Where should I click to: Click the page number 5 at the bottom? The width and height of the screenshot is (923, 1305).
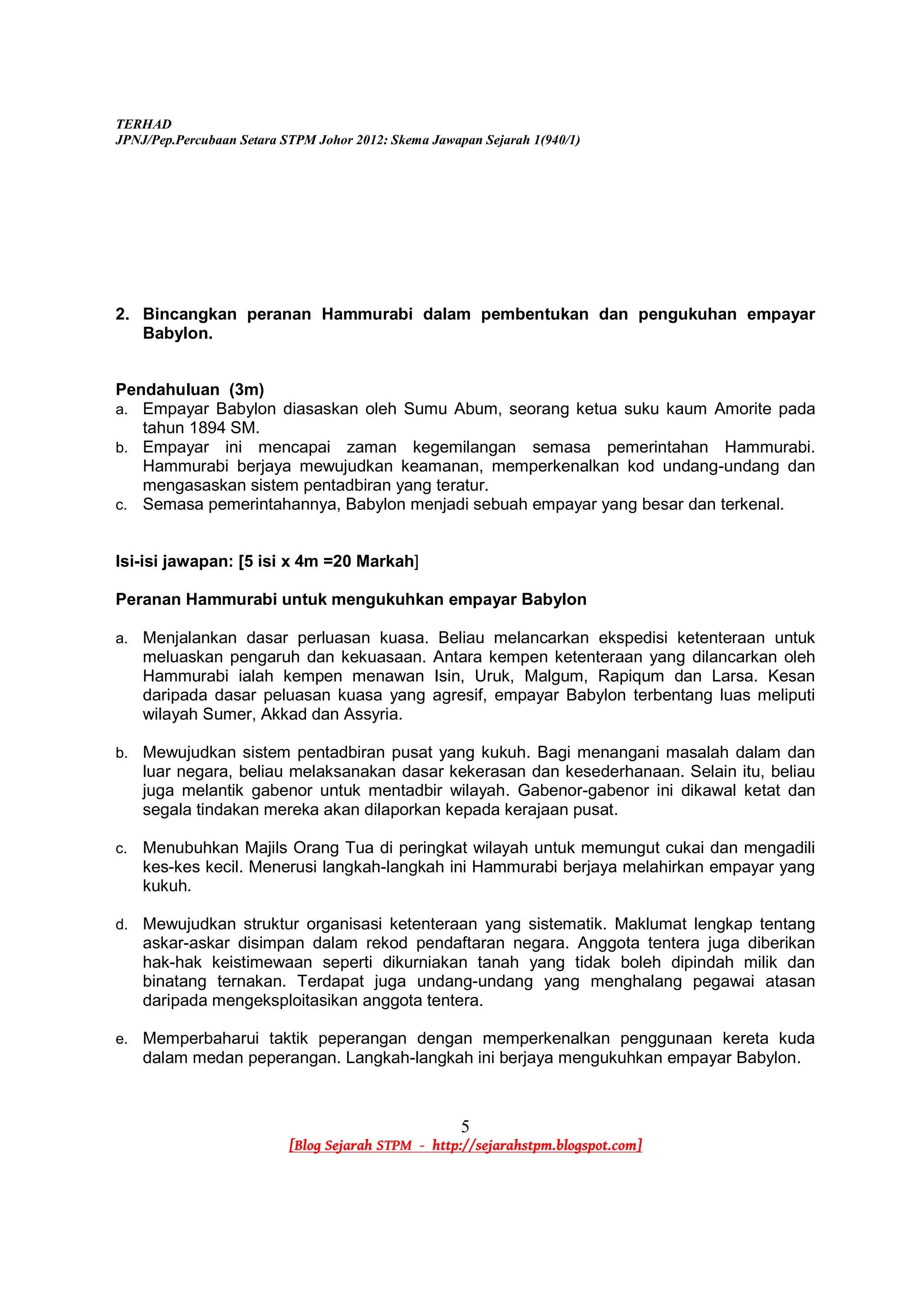[x=465, y=1125]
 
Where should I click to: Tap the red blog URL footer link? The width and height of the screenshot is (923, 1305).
[x=465, y=1145]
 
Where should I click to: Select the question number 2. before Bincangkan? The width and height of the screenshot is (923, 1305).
[x=122, y=314]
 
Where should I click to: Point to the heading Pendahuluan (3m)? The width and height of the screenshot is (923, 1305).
[x=190, y=390]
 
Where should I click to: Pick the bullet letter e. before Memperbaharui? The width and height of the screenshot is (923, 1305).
[x=121, y=1040]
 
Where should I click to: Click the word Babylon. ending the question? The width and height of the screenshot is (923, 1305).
[x=178, y=334]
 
